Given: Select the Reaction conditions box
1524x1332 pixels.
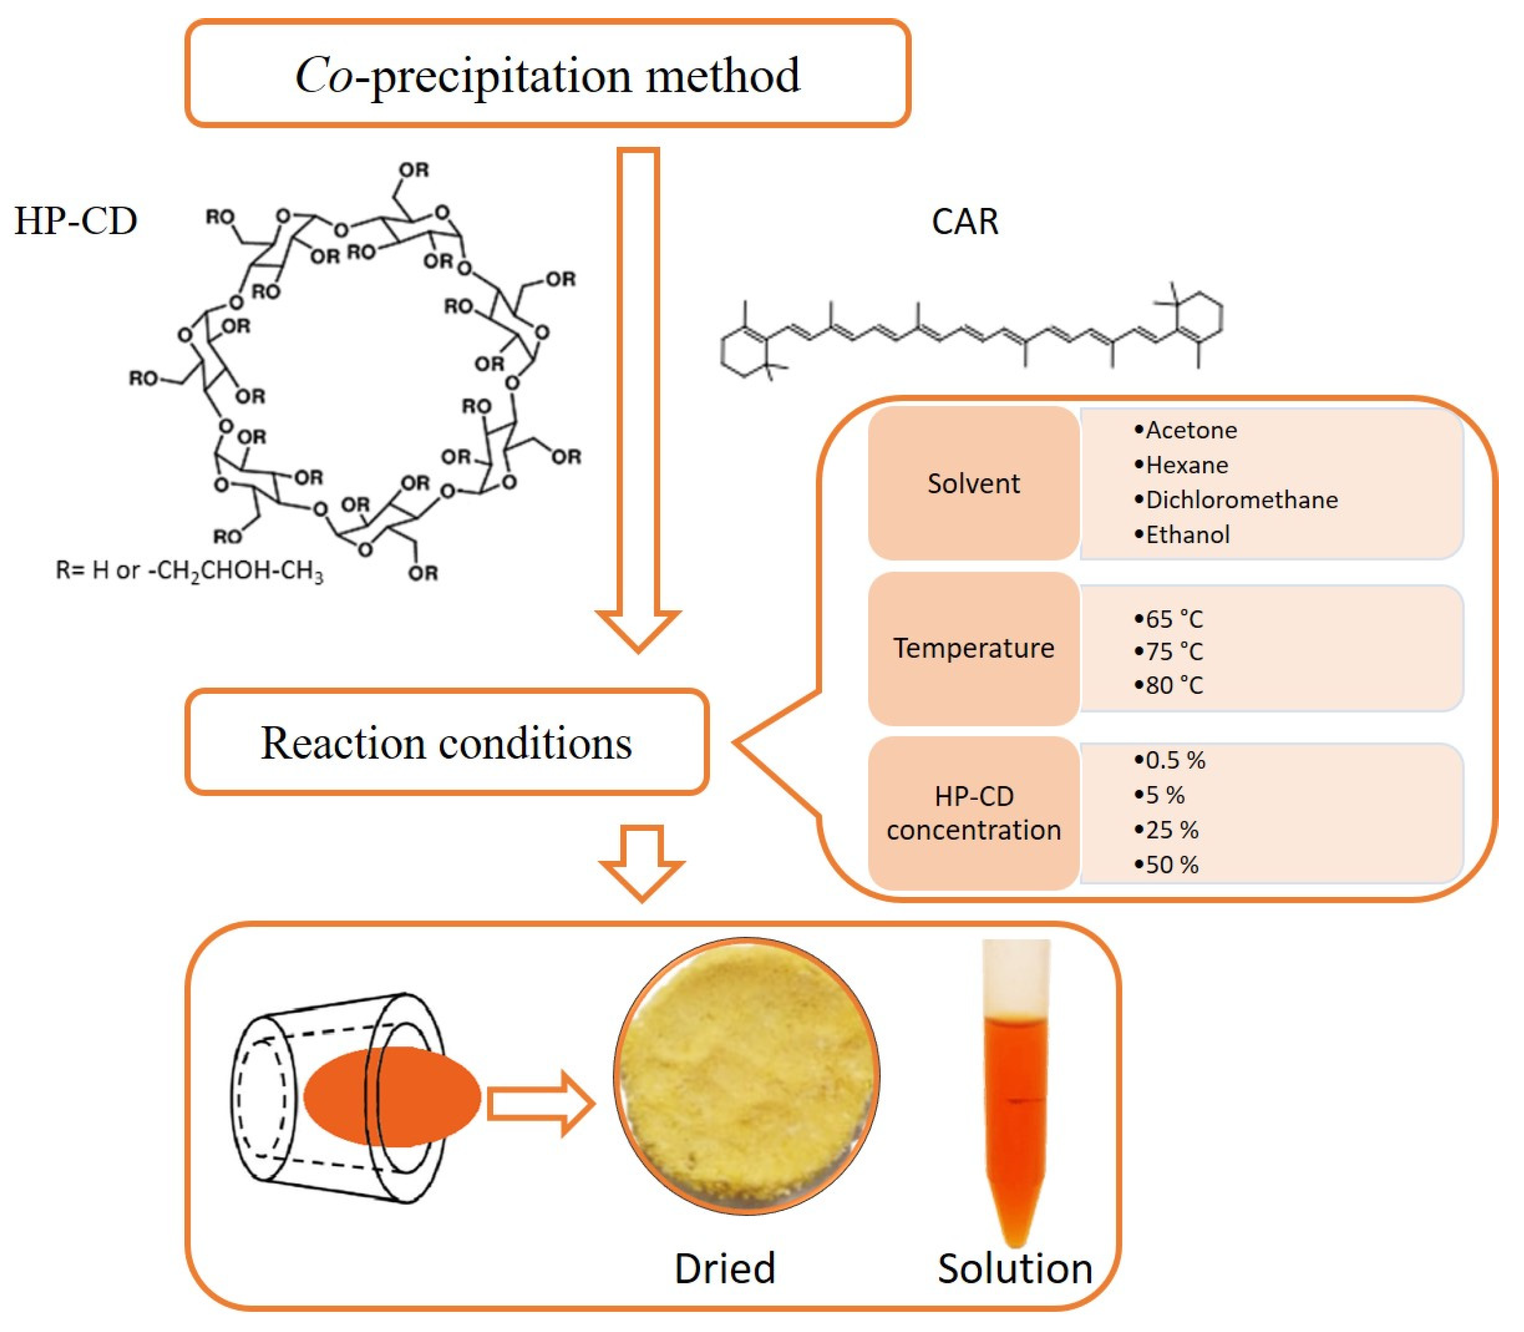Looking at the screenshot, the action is point(446,742).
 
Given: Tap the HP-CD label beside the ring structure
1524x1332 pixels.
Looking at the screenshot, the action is point(76,221).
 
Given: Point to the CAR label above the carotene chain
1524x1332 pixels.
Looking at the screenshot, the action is point(965,222).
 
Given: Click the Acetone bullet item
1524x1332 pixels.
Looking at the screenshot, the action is point(1185,430).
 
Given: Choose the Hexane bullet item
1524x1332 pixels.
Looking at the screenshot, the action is point(1181,465).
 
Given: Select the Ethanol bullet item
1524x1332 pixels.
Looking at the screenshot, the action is point(1181,534).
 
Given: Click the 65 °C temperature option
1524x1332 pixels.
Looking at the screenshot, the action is point(1168,619).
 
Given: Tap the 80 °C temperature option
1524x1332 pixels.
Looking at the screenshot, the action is point(1168,685).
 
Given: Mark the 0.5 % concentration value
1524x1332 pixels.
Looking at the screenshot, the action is point(1169,760).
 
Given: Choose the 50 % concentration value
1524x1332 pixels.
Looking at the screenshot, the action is point(1166,865).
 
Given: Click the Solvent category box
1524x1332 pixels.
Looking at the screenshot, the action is point(973,483).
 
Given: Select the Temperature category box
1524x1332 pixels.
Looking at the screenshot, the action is point(973,648).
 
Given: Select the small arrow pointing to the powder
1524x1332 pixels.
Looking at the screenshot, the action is point(541,1103).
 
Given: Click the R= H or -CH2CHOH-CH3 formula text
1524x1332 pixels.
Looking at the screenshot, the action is point(189,571).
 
